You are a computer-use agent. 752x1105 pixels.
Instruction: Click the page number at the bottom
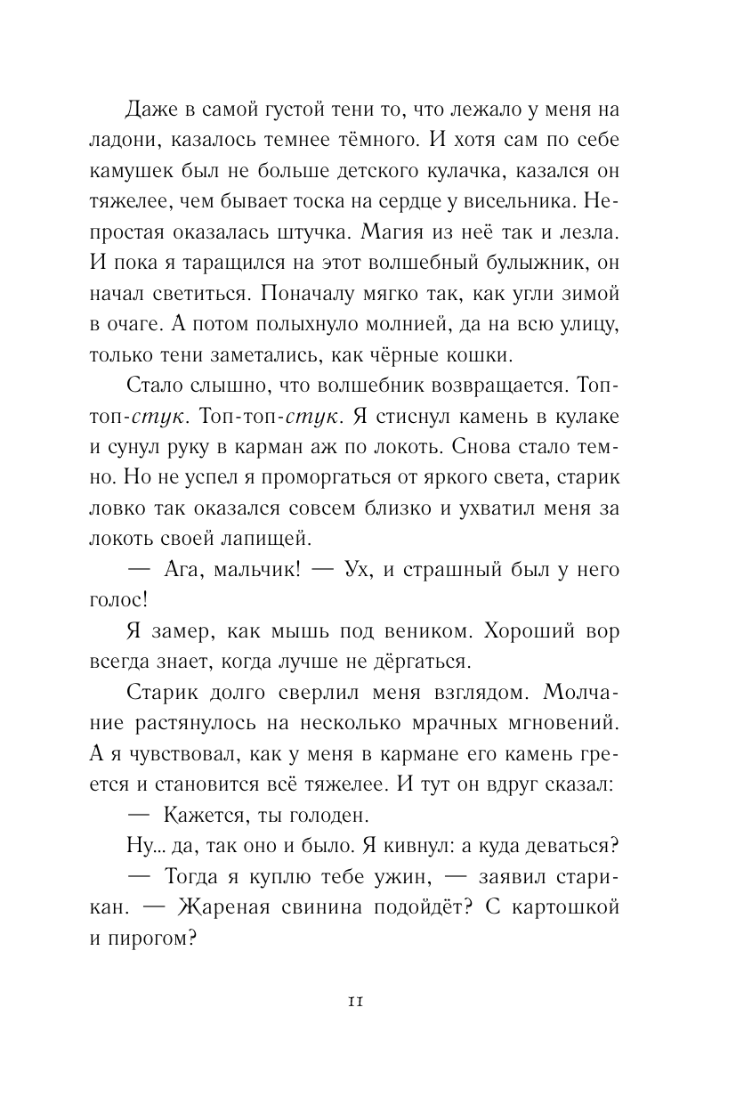[x=355, y=1001]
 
